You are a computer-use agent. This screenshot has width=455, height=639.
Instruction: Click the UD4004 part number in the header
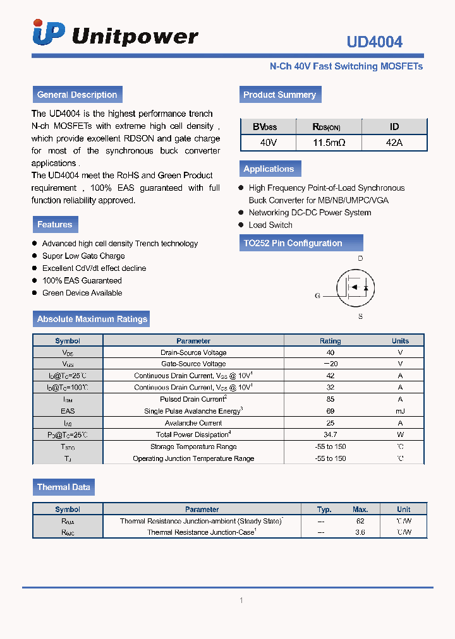[374, 42]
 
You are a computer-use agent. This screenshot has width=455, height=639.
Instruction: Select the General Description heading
[77, 95]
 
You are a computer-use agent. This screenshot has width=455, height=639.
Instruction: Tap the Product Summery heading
[279, 95]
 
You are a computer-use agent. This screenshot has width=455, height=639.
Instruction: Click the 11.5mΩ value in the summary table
[329, 143]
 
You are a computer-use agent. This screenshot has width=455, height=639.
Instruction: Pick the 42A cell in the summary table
[394, 143]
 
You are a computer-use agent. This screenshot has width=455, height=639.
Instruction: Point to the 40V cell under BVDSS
[269, 143]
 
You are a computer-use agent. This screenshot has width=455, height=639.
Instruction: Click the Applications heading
[269, 169]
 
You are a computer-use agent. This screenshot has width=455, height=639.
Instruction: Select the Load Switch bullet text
[270, 225]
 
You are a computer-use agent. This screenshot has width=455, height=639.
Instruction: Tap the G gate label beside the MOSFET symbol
[318, 296]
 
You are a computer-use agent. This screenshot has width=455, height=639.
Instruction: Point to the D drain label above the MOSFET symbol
[360, 259]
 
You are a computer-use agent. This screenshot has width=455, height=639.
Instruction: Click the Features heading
[55, 224]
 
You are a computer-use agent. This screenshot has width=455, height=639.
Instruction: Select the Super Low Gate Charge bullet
[83, 256]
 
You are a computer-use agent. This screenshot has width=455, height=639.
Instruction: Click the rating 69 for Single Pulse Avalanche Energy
[330, 411]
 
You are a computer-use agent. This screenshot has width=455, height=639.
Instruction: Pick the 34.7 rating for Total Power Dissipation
[330, 435]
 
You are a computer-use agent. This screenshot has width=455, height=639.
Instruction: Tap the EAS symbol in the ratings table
[68, 411]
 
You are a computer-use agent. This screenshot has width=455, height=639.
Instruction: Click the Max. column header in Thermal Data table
[360, 510]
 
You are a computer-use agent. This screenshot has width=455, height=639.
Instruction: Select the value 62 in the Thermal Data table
[360, 521]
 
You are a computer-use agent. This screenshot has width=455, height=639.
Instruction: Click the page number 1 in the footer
[241, 600]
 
